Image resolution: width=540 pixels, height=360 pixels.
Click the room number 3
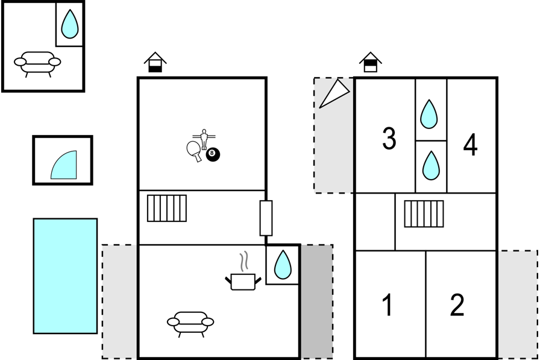tap(389, 138)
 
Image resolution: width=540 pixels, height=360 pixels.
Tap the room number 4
tap(471, 145)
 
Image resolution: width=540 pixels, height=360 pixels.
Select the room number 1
tap(388, 305)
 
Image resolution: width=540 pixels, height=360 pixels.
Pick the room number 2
tap(457, 305)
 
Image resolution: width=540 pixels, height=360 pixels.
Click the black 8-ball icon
tap(213, 155)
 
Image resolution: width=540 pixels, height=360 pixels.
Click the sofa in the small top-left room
tap(37, 64)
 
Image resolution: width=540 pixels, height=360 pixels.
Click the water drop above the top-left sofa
tap(69, 24)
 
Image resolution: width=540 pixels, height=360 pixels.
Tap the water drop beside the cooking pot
tap(283, 265)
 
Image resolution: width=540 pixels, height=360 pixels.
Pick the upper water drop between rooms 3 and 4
tap(429, 115)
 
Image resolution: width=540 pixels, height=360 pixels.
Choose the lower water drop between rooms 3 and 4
tap(431, 165)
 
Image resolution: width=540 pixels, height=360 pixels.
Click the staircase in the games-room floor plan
tap(167, 208)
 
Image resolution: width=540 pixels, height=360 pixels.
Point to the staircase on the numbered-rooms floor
tap(424, 214)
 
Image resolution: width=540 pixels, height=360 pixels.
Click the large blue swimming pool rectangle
tap(65, 276)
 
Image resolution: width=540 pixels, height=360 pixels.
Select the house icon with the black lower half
tap(155, 62)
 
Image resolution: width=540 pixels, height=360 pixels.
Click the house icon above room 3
tap(371, 62)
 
